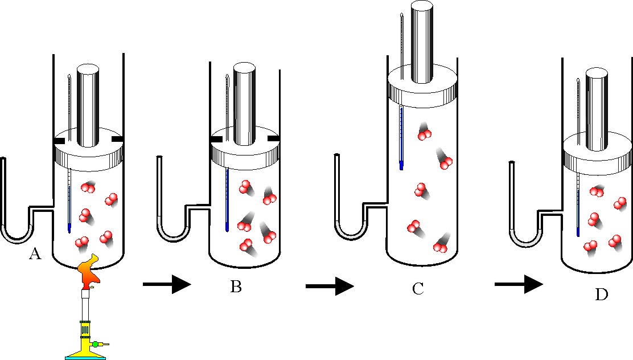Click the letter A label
(35, 254)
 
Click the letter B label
(236, 287)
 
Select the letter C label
(418, 289)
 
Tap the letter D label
(602, 294)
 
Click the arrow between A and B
(167, 284)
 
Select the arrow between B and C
(330, 286)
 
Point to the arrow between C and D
(519, 284)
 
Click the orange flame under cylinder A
(89, 269)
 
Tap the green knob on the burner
(95, 344)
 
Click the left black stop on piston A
(59, 141)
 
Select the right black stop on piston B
(274, 139)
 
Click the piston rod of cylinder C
(422, 41)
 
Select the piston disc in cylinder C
(422, 88)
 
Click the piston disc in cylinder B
(245, 149)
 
